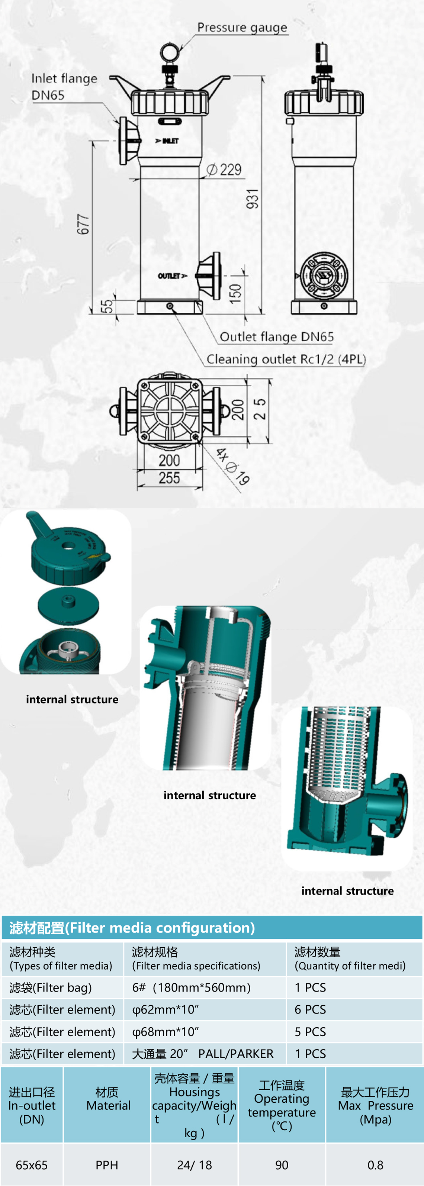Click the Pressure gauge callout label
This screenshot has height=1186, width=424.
click(x=242, y=28)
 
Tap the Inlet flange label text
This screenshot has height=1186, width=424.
click(x=64, y=79)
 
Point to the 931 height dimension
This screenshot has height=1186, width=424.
click(x=252, y=199)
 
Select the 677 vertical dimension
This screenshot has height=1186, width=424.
click(x=83, y=224)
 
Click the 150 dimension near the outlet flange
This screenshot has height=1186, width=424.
click(x=235, y=293)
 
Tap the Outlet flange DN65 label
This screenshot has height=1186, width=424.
click(x=276, y=337)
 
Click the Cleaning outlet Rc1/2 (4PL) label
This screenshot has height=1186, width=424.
click(x=285, y=359)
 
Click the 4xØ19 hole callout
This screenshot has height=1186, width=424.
click(x=232, y=466)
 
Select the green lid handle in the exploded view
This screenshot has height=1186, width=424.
click(x=39, y=525)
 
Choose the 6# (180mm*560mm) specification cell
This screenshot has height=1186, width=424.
click(x=192, y=987)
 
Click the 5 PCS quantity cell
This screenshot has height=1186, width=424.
click(x=310, y=1032)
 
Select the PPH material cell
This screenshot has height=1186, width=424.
click(x=107, y=1165)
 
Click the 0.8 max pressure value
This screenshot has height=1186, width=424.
click(x=375, y=1165)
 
